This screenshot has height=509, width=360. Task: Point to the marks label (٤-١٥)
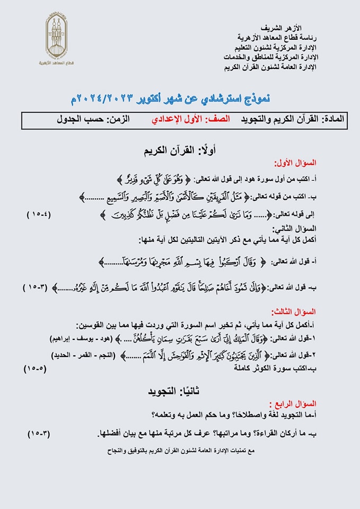pos(39,215)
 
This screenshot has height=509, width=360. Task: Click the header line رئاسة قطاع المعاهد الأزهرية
pos(277,37)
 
